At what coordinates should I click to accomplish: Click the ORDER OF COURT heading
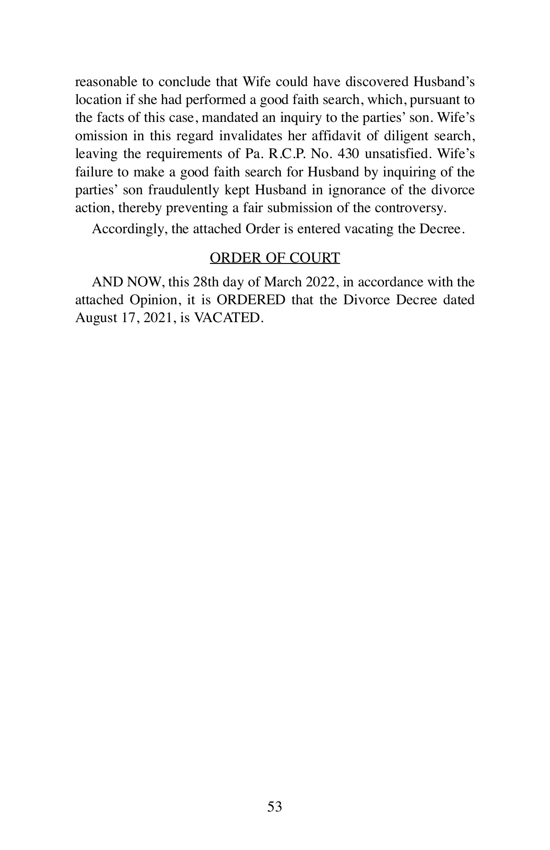pos(275,258)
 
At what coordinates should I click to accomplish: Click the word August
pos(95,318)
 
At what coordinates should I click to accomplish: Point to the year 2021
pos(158,318)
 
